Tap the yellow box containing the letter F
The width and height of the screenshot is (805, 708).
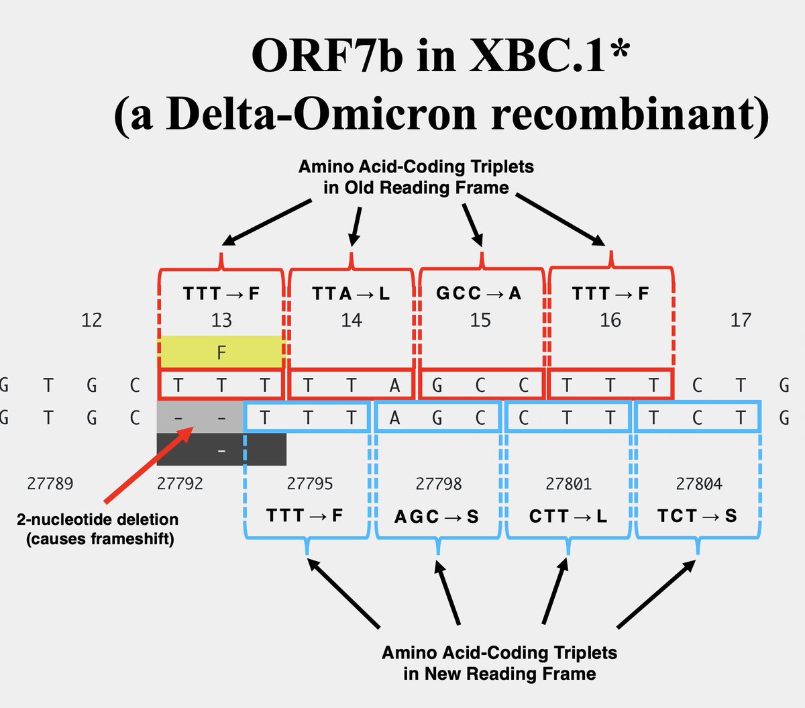pos(221,352)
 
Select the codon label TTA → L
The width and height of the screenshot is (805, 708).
pos(350,293)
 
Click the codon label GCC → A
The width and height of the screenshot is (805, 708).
pos(478,293)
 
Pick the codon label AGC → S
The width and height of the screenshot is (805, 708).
pos(437,516)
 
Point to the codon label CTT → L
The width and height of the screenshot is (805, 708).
pos(568,516)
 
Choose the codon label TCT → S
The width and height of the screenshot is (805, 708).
pos(697,516)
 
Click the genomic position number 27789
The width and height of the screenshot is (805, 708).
pos(50,484)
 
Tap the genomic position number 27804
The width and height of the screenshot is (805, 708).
pos(699,484)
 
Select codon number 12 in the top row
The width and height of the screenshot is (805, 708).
pos(92,320)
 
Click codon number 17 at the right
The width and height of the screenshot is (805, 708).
pos(741,320)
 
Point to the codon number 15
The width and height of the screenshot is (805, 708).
pos(480,320)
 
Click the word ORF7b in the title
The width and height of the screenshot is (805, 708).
pos(327,56)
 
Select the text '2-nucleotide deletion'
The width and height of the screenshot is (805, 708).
pos(98,519)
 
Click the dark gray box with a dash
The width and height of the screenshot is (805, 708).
pos(221,450)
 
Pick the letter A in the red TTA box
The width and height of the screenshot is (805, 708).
pos(394,385)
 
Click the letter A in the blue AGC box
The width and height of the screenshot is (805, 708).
pos(394,418)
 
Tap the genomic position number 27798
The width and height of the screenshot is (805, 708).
pos(439,484)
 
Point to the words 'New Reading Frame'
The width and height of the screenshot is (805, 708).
pos(500,674)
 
